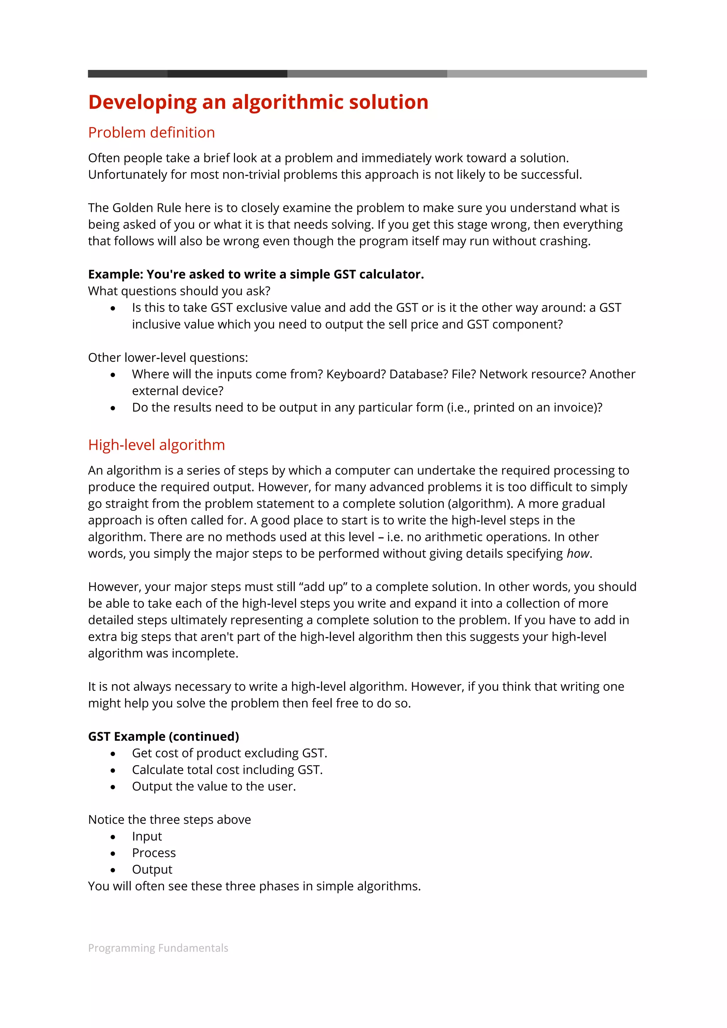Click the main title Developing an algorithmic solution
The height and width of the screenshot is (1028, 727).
click(x=258, y=102)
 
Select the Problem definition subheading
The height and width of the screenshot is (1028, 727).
click(x=152, y=133)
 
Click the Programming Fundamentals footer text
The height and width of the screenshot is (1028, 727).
click(x=158, y=948)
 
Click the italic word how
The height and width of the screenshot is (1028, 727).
click(x=578, y=554)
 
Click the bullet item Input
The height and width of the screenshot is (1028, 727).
click(x=147, y=836)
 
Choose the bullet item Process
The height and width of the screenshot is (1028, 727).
click(x=154, y=853)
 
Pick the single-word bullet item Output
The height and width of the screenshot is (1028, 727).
click(x=152, y=869)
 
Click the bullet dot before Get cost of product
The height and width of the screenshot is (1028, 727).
click(x=113, y=754)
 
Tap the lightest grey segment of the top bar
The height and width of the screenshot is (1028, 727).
click(x=546, y=74)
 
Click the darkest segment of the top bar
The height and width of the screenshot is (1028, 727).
click(x=227, y=74)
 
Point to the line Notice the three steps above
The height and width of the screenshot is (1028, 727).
click(x=169, y=820)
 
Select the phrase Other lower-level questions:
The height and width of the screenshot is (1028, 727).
click(x=168, y=358)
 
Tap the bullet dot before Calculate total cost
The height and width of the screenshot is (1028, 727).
click(x=113, y=770)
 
